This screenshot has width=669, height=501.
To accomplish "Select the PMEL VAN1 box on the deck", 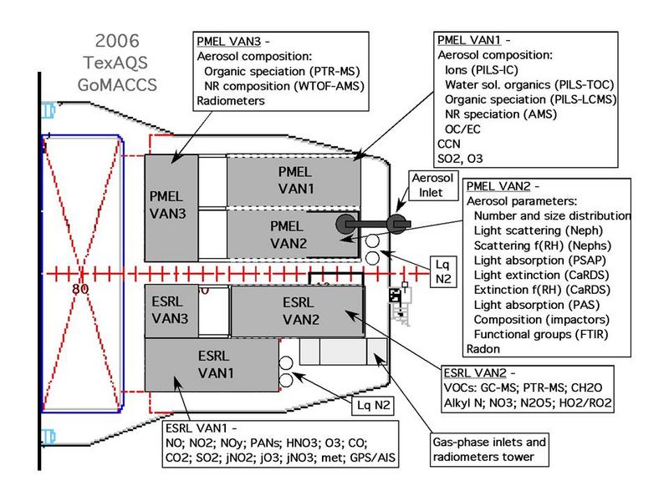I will pyautogui.click(x=294, y=179).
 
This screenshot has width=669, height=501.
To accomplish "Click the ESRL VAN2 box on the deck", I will pyautogui.click(x=297, y=311).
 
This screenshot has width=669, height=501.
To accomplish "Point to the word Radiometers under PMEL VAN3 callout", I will pyautogui.click(x=231, y=100).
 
